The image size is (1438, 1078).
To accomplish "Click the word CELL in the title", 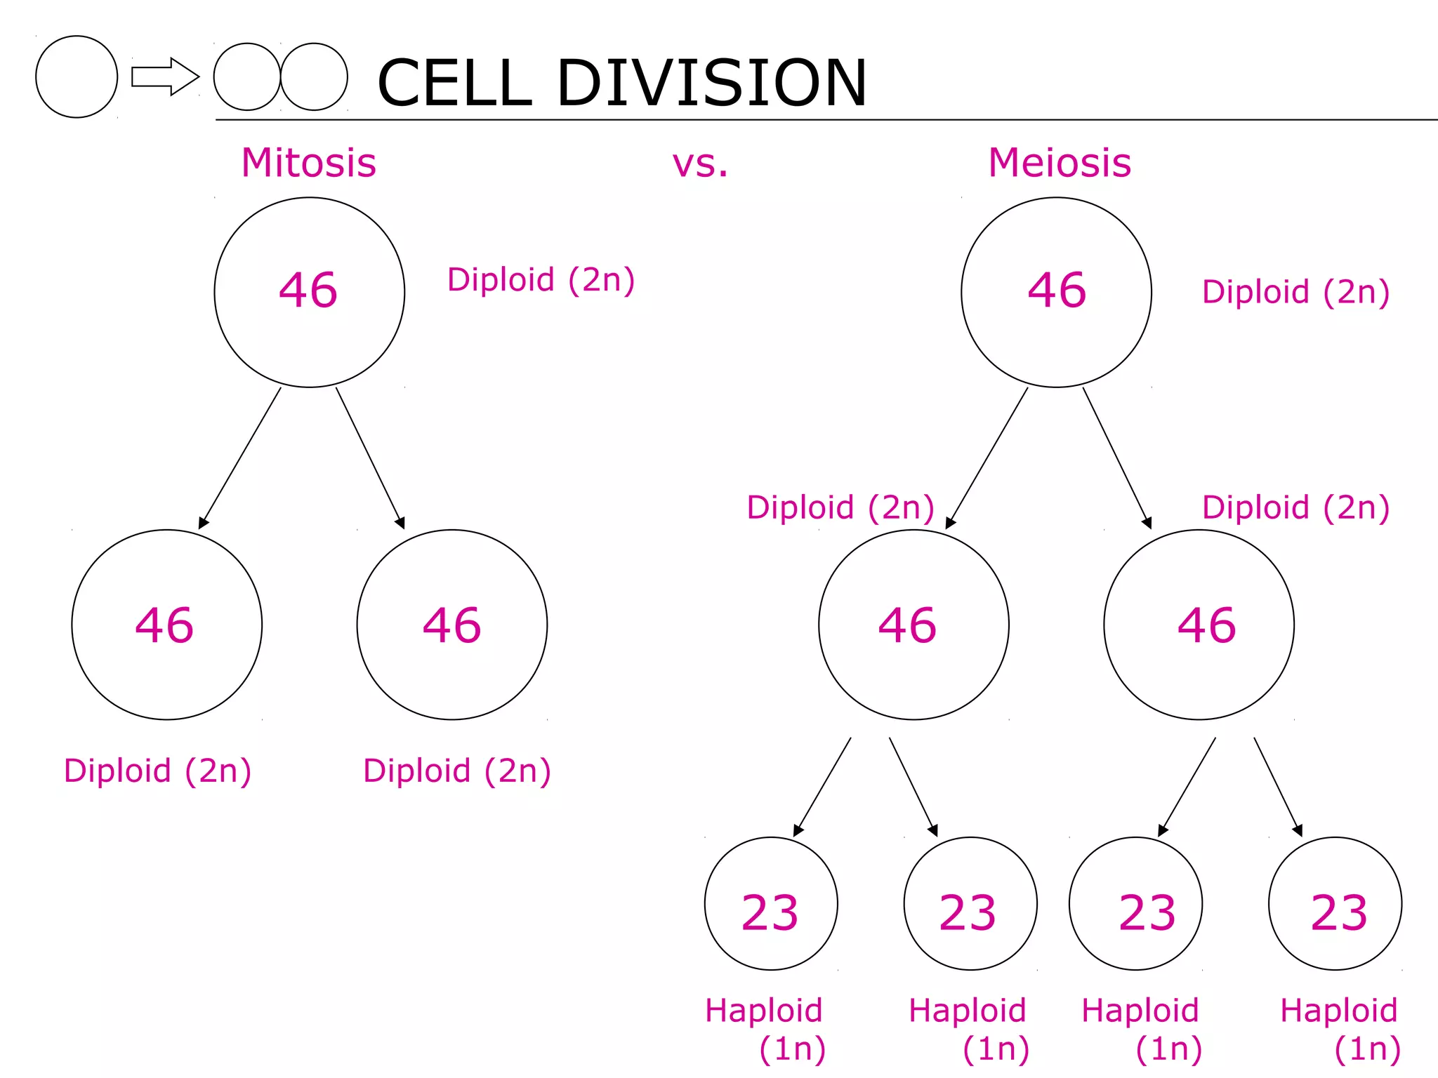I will (454, 83).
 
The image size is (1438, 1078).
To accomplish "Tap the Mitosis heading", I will (308, 163).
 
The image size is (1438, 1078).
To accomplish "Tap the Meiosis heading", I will (1059, 163).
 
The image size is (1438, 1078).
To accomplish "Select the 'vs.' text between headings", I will (700, 164).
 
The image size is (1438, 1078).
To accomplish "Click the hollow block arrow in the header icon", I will (165, 76).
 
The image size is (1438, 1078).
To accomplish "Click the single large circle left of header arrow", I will (77, 76).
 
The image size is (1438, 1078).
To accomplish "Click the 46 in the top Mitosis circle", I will (308, 290).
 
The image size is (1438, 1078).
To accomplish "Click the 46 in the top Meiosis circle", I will (1057, 290).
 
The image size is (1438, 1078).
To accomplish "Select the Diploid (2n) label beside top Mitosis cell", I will (541, 280).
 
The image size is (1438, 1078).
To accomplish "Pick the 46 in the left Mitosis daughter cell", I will (164, 625).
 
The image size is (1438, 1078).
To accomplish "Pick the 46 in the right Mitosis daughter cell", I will (451, 625).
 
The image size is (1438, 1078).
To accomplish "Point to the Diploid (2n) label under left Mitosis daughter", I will (157, 771).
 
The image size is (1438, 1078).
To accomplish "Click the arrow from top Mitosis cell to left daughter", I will (239, 458).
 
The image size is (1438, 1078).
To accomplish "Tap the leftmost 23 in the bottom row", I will (770, 913).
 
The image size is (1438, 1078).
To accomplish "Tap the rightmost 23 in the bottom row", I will (1338, 913).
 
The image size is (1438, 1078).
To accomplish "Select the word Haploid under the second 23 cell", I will (967, 1011).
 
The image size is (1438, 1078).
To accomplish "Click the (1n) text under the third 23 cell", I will (1168, 1049).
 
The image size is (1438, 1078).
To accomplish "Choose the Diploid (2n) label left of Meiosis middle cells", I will (840, 507).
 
